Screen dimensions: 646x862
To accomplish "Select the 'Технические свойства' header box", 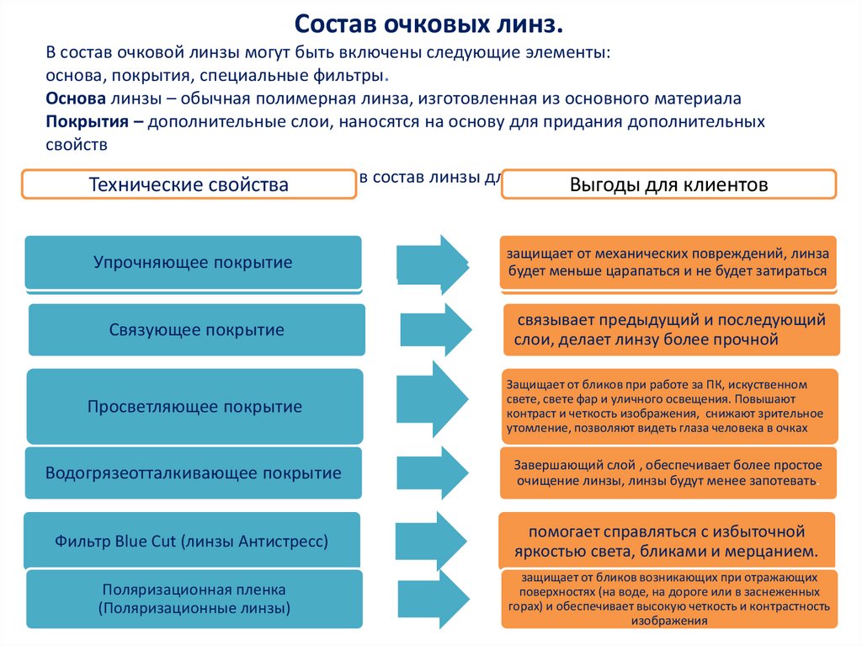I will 189,184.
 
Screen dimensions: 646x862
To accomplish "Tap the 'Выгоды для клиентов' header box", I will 668,184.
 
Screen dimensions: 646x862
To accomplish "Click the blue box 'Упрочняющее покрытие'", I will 193,262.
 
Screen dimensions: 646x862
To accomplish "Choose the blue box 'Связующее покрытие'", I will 196,330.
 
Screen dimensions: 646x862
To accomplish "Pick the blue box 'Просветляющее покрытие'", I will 194,407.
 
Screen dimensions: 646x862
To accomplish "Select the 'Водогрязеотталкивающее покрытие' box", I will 194,473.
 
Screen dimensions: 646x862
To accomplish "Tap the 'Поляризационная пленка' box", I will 194,599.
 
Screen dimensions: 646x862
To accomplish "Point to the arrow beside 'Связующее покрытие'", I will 435,329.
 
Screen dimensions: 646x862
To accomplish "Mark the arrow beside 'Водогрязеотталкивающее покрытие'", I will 434,472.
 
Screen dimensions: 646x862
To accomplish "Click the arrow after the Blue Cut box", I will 434,540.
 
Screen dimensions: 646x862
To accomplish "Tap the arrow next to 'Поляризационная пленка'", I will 434,598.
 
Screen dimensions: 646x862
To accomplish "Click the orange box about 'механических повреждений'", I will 668,263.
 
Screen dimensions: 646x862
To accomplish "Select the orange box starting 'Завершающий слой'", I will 669,473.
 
